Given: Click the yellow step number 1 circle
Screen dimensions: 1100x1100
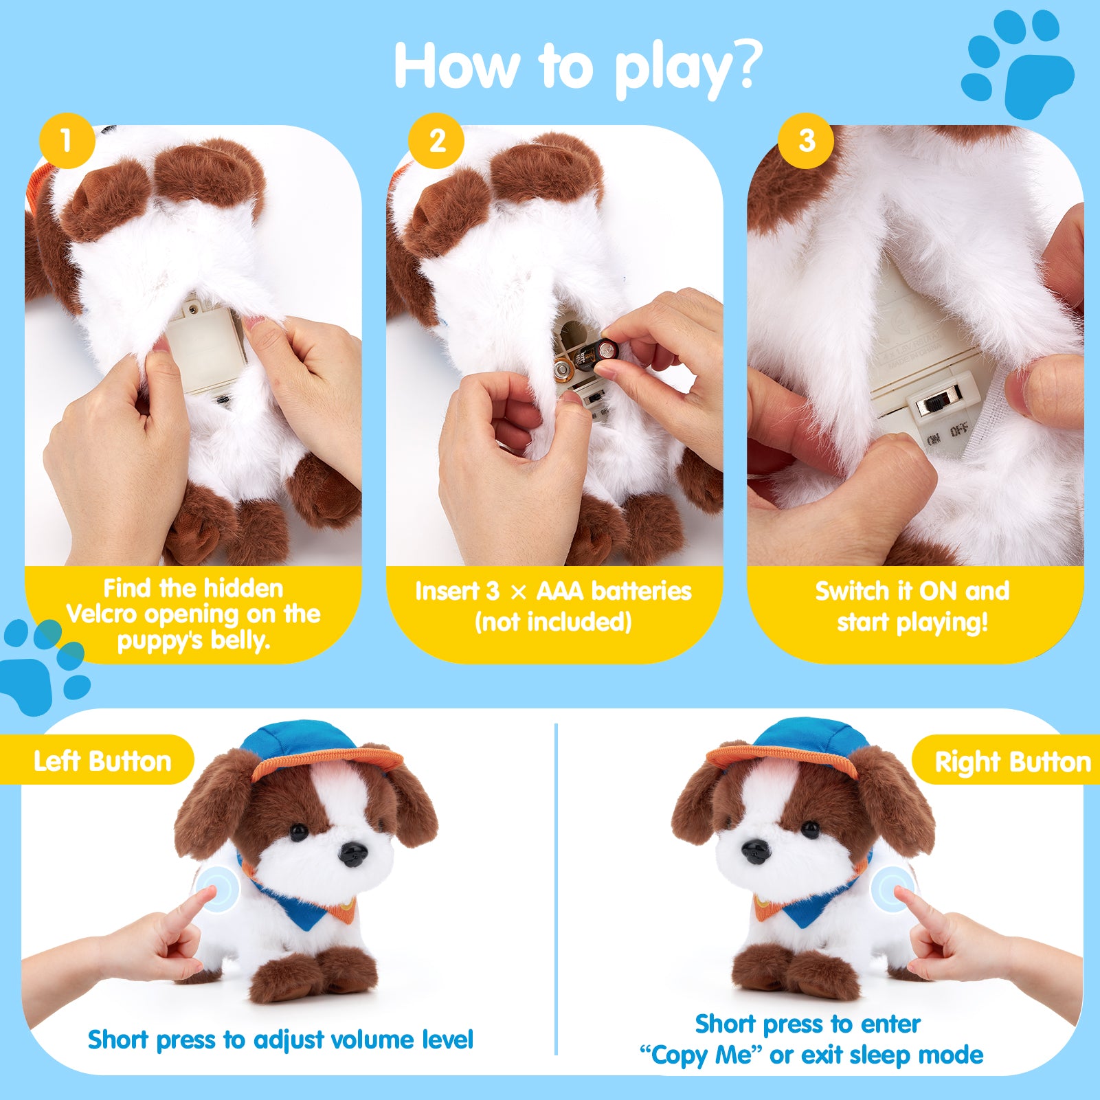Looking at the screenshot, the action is point(67,141).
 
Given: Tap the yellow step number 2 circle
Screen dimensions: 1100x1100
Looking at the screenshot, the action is point(436,141).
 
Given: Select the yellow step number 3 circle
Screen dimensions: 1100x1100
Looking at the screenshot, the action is point(806,141).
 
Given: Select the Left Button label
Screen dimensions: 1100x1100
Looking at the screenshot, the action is point(103,761).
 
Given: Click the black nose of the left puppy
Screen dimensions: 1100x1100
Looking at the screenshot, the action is point(354,854).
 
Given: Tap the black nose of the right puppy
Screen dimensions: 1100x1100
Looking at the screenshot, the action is point(754,851).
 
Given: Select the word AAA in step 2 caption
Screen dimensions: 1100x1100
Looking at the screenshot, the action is point(561,591).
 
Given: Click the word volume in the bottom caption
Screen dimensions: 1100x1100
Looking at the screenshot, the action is point(370,1040).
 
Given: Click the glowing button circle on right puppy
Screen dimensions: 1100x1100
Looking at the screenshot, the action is point(894,888).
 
